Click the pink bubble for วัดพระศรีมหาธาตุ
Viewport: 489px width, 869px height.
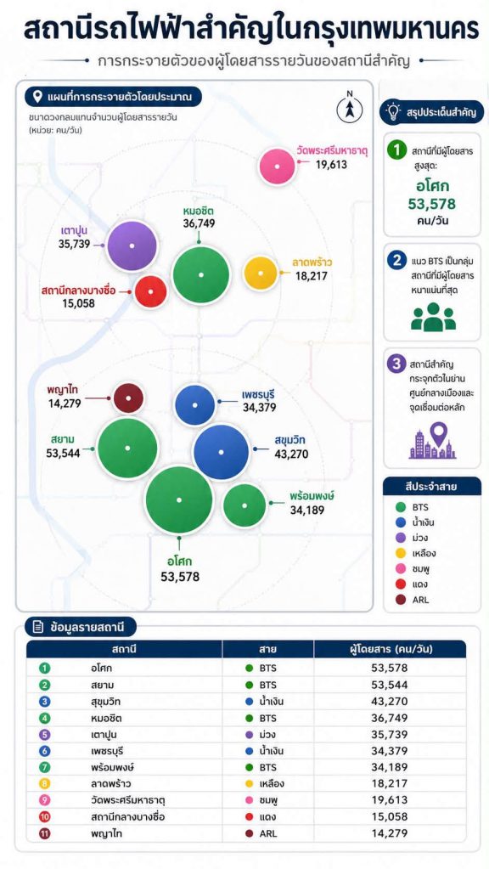[277, 166]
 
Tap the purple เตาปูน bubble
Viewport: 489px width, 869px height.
[132, 245]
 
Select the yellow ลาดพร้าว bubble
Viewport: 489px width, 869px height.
[261, 274]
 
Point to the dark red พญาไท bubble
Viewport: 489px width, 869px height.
[128, 398]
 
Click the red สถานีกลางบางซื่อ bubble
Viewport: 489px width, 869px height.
[150, 291]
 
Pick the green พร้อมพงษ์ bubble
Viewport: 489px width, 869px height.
[244, 505]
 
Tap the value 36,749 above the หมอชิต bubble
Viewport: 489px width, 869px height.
[199, 224]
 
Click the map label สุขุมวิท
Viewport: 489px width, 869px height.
[289, 442]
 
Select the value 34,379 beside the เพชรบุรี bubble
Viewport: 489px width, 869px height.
[259, 408]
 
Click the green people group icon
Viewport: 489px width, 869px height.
[433, 317]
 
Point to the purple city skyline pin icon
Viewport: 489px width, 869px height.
[432, 441]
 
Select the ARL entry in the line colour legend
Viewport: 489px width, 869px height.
[413, 600]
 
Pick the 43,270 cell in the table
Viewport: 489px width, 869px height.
[390, 701]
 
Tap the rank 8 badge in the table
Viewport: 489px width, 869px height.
[45, 784]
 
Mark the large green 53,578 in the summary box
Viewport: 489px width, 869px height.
[432, 204]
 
